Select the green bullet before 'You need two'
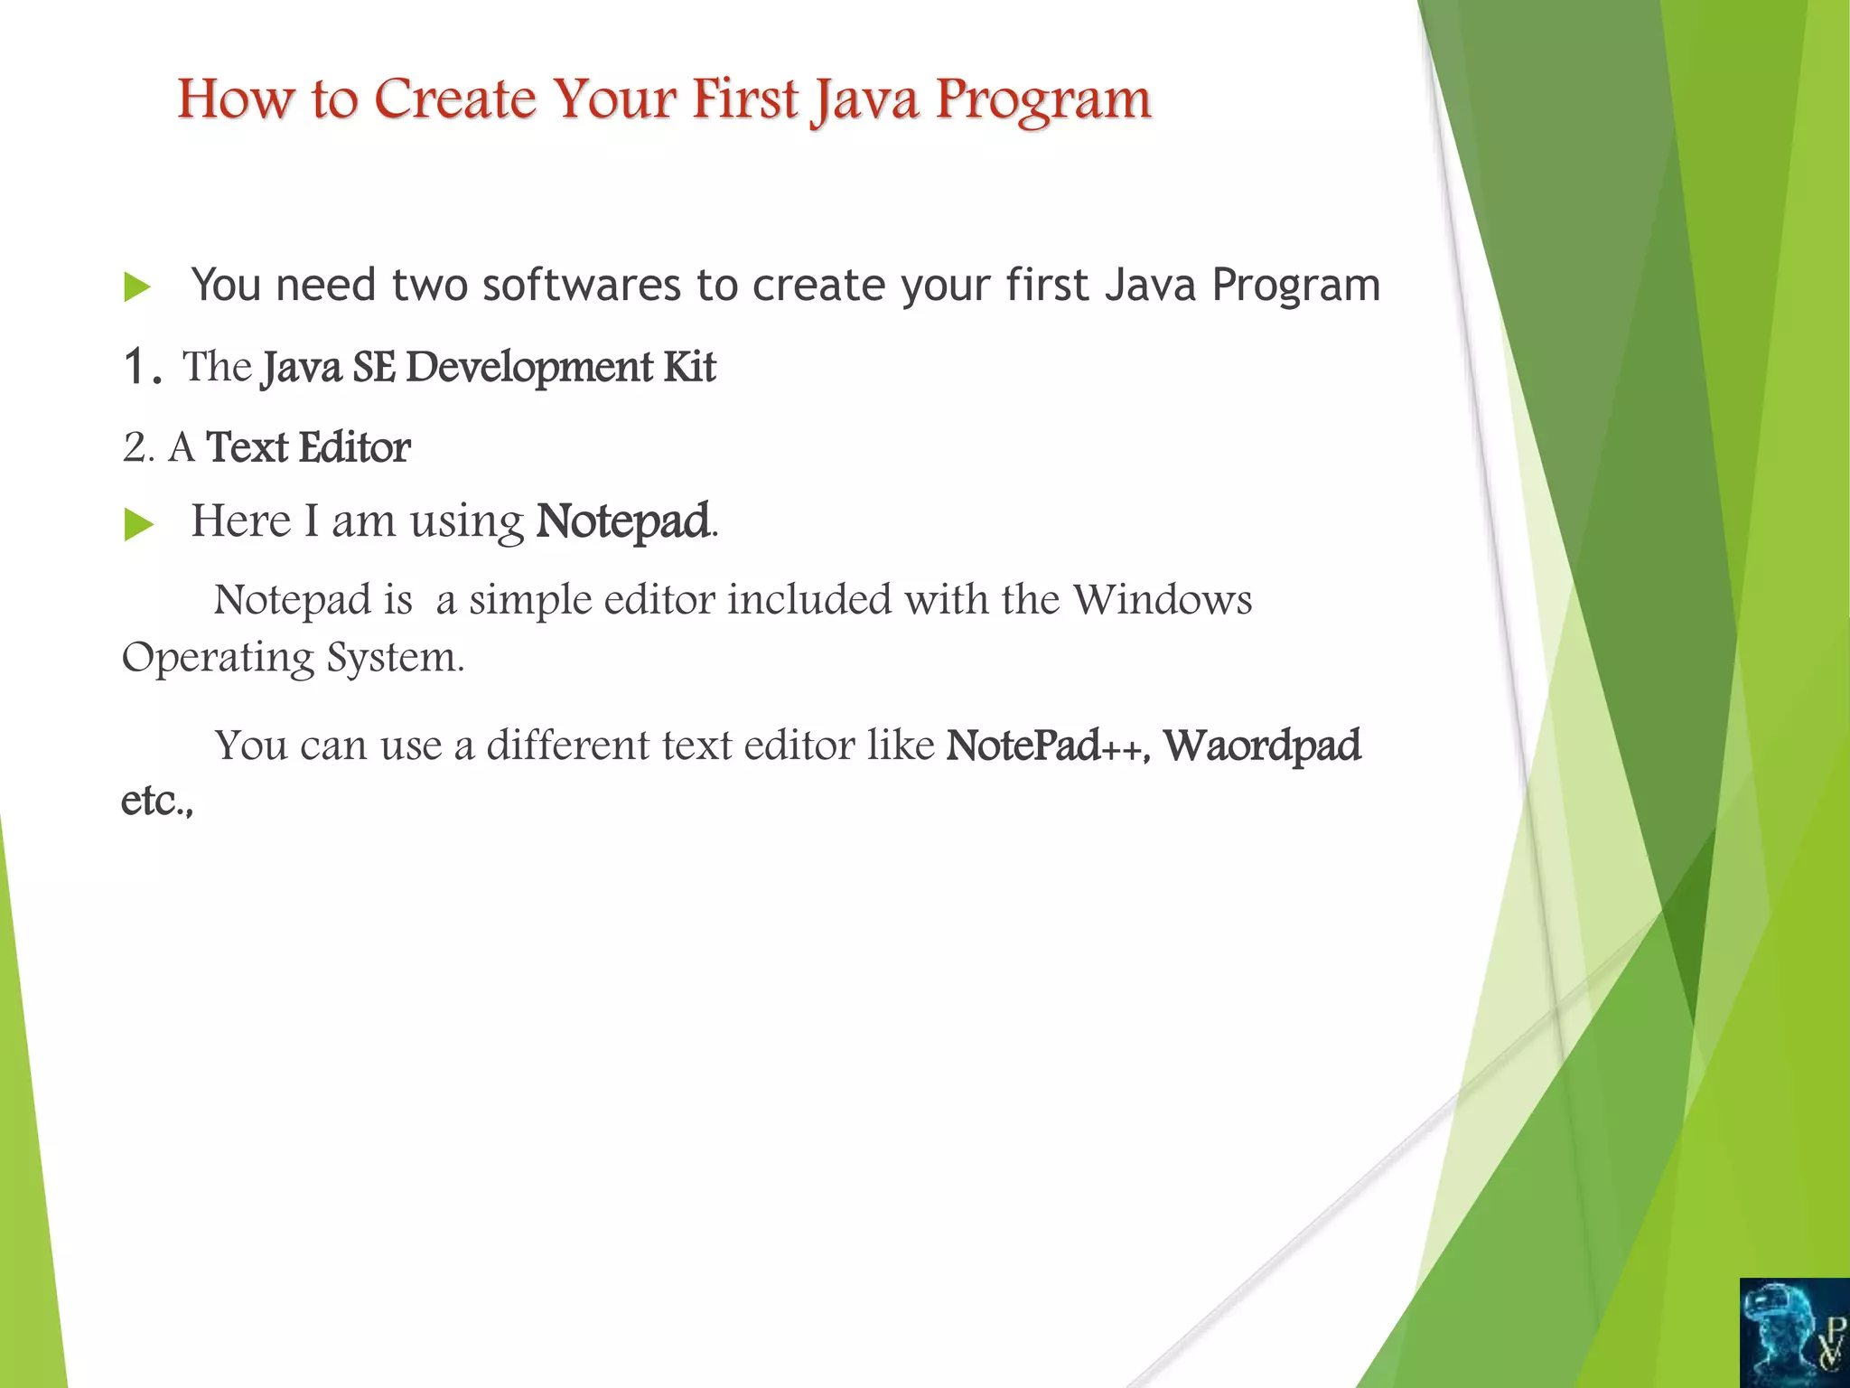click(x=137, y=287)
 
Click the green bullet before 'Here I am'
click(x=137, y=524)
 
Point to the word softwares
click(x=581, y=285)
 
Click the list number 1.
click(x=141, y=368)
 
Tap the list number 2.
click(x=135, y=448)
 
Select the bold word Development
click(x=529, y=368)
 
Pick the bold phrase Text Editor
click(x=308, y=447)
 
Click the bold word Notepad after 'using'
click(x=622, y=521)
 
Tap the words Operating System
click(x=292, y=657)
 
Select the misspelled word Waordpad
click(x=1261, y=746)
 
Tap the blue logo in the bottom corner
click(x=1794, y=1332)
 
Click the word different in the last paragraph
click(x=567, y=746)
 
